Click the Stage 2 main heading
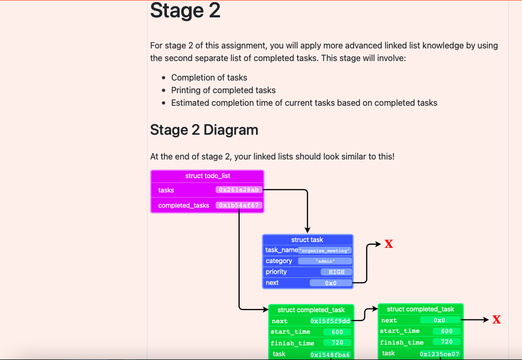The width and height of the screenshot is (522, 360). [x=185, y=11]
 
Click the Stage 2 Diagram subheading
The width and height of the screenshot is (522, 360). [x=204, y=129]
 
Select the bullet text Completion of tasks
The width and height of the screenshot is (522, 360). [x=209, y=77]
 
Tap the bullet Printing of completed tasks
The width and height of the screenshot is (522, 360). [x=223, y=90]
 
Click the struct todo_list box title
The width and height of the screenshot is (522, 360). [x=208, y=176]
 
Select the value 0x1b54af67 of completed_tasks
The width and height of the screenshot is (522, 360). [x=239, y=205]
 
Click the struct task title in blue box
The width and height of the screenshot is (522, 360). [x=308, y=239]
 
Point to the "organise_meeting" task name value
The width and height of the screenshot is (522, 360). [x=324, y=251]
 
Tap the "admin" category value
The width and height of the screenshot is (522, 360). [x=324, y=261]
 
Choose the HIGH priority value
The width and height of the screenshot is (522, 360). [x=336, y=272]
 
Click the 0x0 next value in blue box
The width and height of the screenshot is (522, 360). [x=330, y=283]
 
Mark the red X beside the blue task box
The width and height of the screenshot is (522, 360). [x=389, y=244]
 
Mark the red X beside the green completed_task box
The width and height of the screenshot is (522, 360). [x=496, y=319]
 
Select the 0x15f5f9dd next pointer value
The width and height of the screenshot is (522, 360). [x=330, y=321]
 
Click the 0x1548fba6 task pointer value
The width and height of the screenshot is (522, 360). [x=330, y=354]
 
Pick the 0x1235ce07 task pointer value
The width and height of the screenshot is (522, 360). [x=439, y=354]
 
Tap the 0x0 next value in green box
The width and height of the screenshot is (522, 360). [x=439, y=320]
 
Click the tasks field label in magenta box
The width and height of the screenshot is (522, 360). [x=166, y=190]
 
